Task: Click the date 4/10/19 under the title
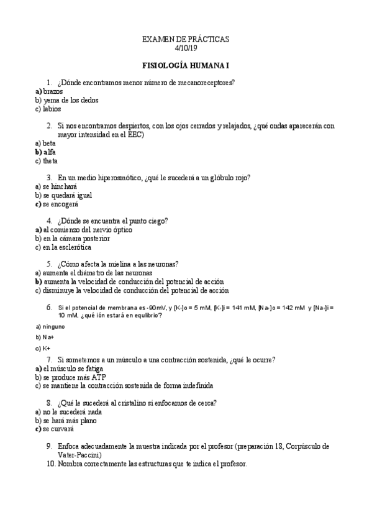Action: (186, 48)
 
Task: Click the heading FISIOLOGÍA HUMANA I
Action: (186, 65)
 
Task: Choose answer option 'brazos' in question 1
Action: (53, 91)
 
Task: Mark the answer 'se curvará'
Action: (58, 429)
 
